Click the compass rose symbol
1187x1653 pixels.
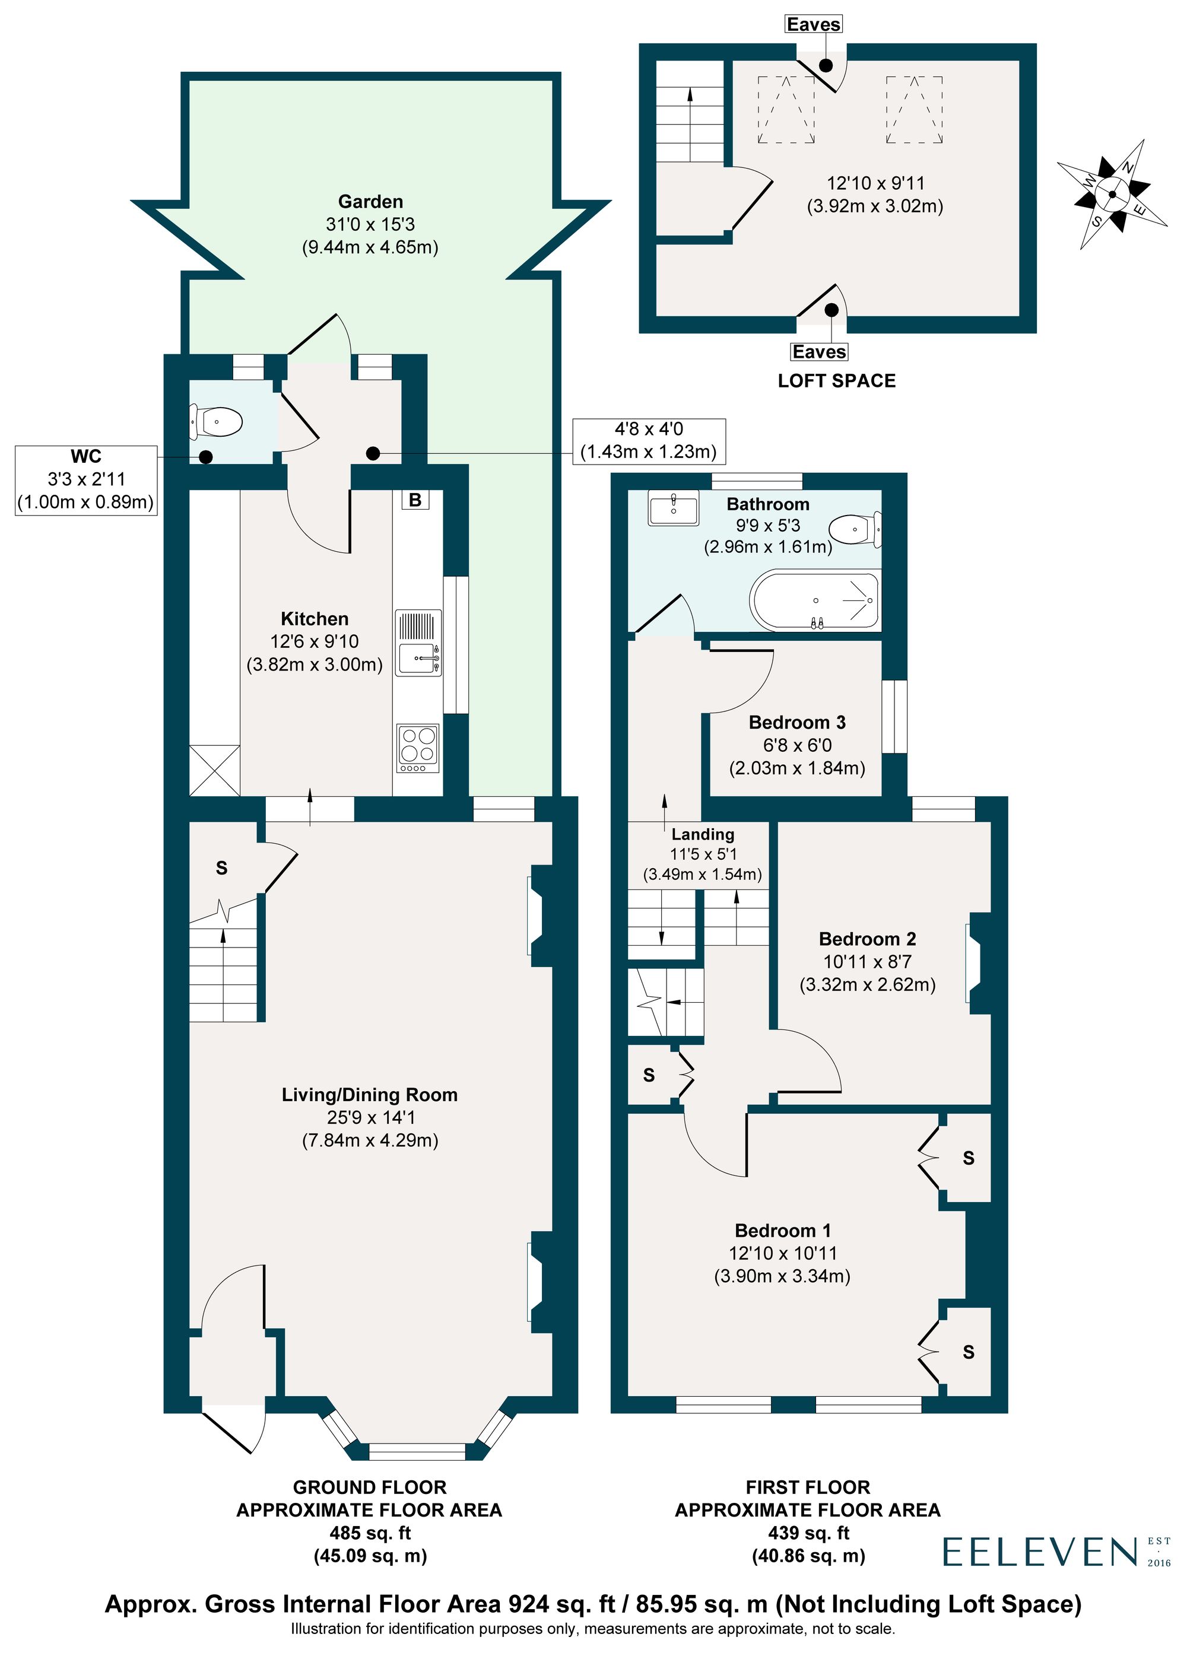(x=1113, y=194)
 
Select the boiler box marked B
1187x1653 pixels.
(x=415, y=500)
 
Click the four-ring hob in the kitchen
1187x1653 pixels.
(x=418, y=748)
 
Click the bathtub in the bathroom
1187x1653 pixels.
(x=814, y=600)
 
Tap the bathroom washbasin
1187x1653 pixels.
(x=673, y=507)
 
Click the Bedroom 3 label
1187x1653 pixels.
(x=797, y=722)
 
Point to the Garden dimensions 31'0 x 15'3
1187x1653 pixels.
(x=370, y=224)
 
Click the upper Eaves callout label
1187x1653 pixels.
(x=814, y=24)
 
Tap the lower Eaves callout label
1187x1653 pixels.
(x=819, y=351)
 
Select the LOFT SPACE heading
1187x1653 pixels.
(x=836, y=380)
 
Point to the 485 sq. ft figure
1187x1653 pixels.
(x=370, y=1533)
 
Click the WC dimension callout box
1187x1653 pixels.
(x=86, y=479)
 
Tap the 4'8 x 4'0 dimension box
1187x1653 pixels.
(x=648, y=440)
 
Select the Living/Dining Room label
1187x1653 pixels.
(x=370, y=1095)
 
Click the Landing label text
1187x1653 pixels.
(x=702, y=834)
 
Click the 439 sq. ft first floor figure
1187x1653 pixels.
(x=808, y=1533)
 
